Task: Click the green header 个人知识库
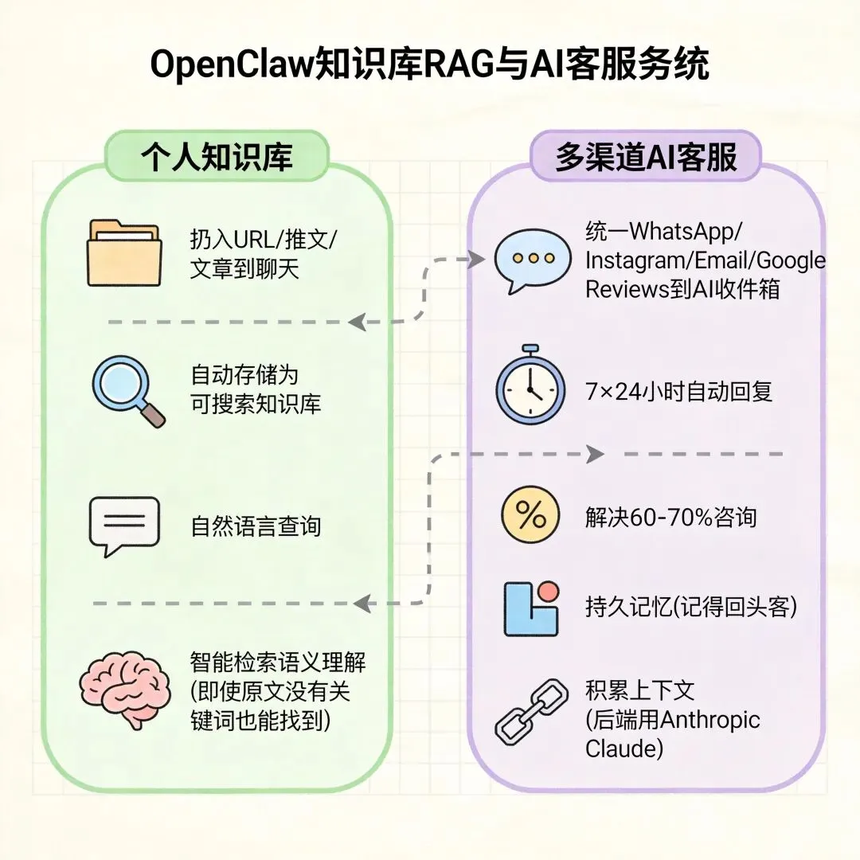point(216,156)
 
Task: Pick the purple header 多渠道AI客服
point(646,157)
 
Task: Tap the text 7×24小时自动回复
point(678,391)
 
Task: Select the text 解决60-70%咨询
point(670,518)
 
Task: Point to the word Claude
point(624,749)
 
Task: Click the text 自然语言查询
point(256,526)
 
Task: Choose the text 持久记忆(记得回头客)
point(690,608)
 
